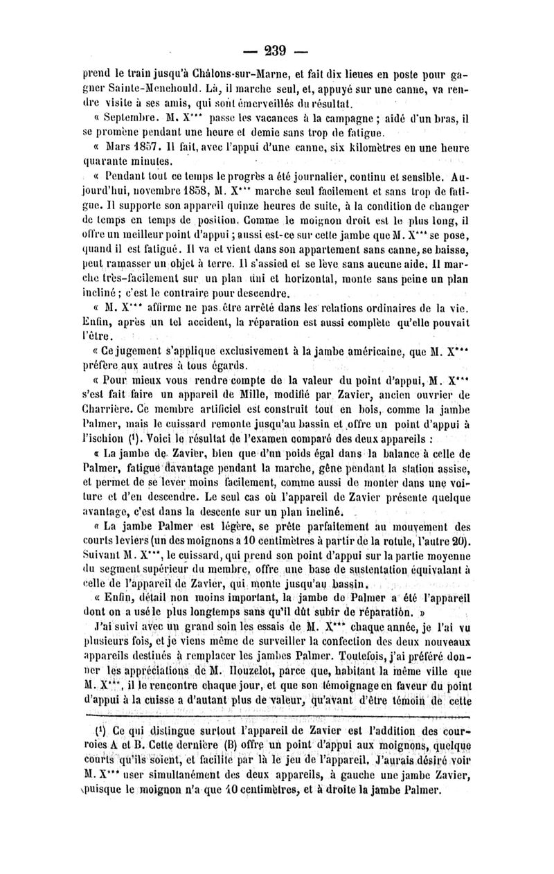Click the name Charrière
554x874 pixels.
pyautogui.click(x=111, y=408)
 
